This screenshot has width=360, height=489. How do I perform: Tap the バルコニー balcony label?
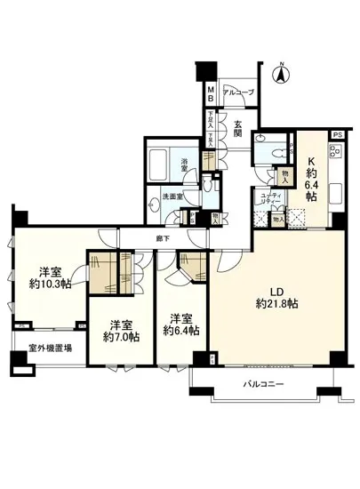[264, 385]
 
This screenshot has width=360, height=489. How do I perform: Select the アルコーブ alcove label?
[236, 92]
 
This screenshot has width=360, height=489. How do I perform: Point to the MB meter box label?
[211, 92]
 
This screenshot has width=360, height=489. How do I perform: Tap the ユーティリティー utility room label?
[269, 200]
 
